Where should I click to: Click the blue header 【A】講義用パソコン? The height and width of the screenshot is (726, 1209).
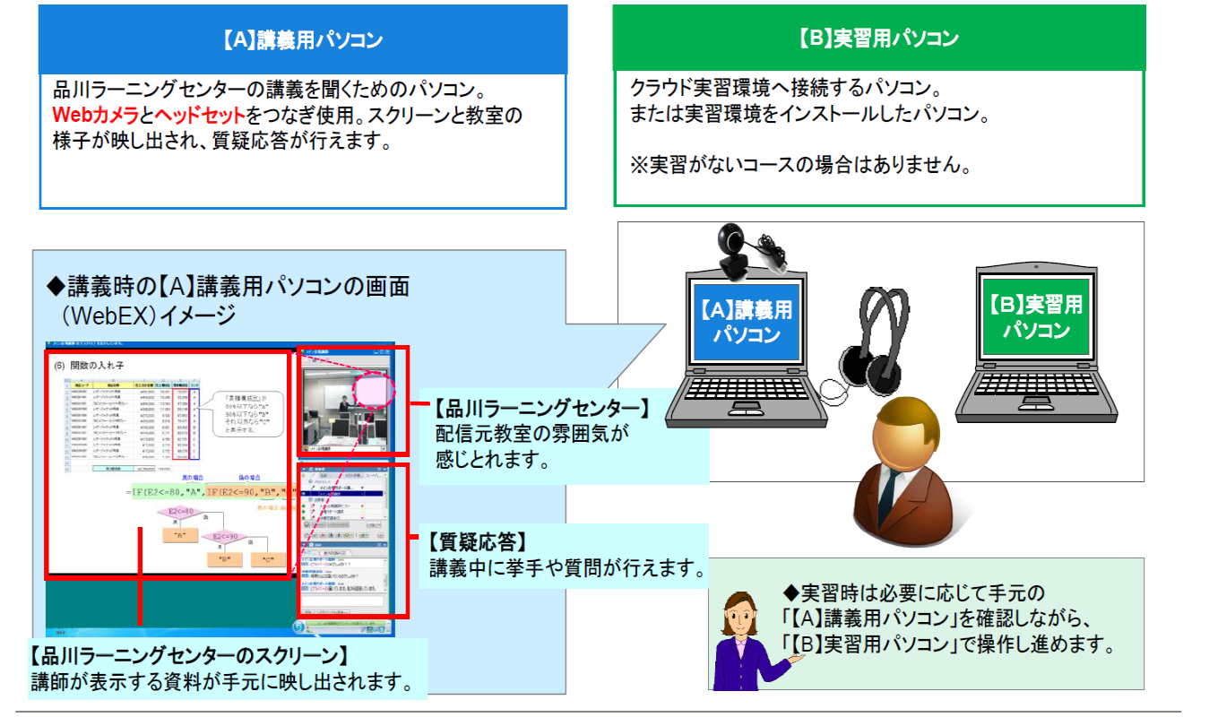(302, 40)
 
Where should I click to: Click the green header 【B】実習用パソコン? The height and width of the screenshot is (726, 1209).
(878, 39)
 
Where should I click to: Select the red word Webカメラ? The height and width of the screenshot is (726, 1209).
(95, 116)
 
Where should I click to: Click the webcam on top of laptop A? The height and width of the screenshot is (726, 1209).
(736, 245)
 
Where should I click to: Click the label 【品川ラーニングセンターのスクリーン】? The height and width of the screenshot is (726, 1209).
(188, 655)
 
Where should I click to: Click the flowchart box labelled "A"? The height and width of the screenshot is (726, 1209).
(180, 535)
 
